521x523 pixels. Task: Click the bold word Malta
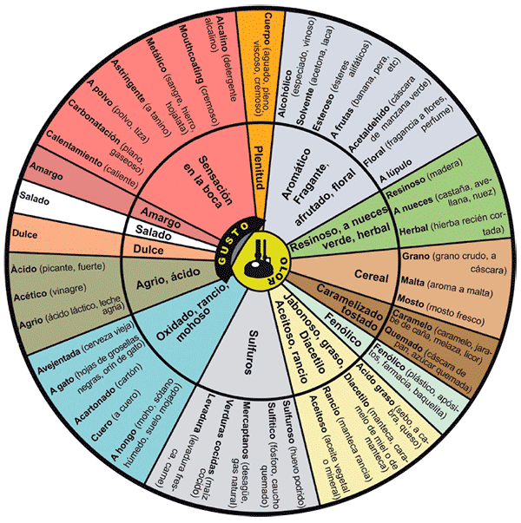[416, 283]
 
